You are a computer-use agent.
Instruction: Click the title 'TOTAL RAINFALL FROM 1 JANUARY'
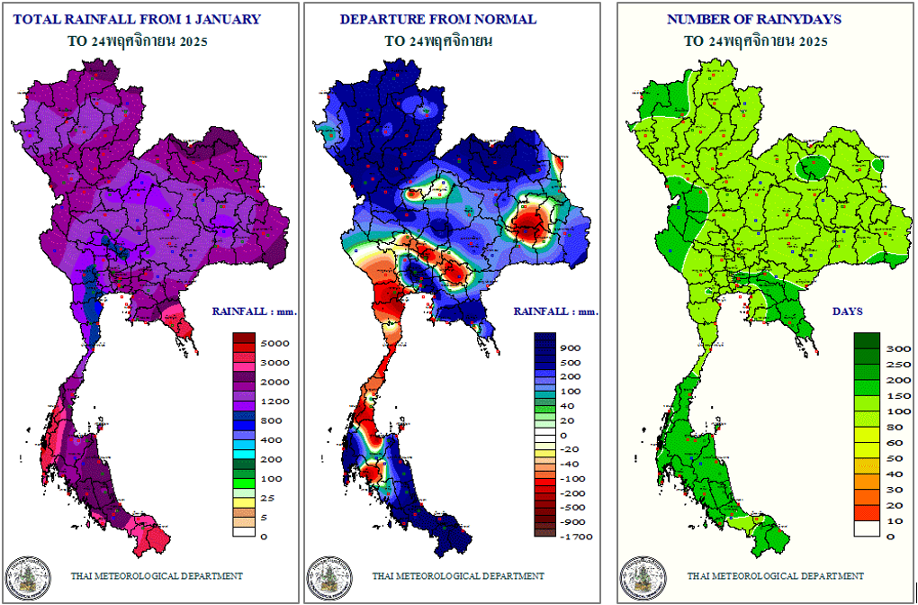pos(139,19)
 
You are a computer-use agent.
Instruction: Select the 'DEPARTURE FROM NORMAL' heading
pos(438,19)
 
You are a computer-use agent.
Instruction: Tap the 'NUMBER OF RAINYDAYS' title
pos(755,19)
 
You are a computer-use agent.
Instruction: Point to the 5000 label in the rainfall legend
pos(274,343)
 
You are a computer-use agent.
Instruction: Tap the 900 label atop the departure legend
pos(571,348)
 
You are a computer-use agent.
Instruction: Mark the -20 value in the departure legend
pos(571,449)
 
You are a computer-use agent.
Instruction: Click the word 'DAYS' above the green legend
pos(847,312)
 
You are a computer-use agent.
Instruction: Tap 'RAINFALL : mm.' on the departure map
pos(555,312)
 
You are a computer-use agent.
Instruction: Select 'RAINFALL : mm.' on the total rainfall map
pos(255,312)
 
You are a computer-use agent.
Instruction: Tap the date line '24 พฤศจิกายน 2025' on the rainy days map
pos(755,41)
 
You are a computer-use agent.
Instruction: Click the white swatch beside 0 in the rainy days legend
pos(868,530)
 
